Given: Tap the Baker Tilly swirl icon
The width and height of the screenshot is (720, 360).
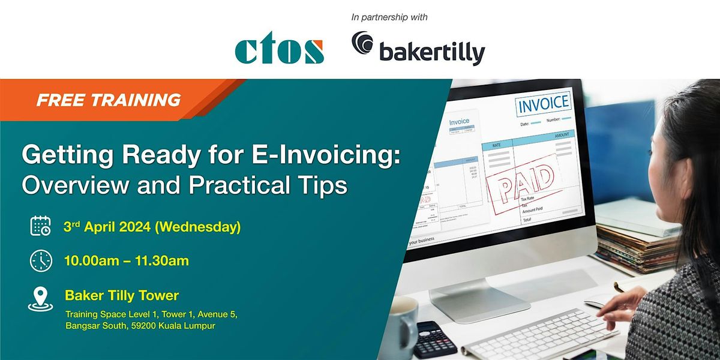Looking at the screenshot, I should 363,46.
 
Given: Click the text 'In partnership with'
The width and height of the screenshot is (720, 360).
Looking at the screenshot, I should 389,17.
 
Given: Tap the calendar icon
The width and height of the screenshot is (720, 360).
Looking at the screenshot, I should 41,227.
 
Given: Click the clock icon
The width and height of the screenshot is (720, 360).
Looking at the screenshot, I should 41,261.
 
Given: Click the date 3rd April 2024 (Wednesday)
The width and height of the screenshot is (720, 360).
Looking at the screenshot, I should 152,227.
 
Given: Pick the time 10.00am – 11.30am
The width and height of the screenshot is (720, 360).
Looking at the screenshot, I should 127,260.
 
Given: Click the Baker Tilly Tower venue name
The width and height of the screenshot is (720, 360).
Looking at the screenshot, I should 122,295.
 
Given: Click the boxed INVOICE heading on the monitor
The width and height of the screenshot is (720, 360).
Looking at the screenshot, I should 543,104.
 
